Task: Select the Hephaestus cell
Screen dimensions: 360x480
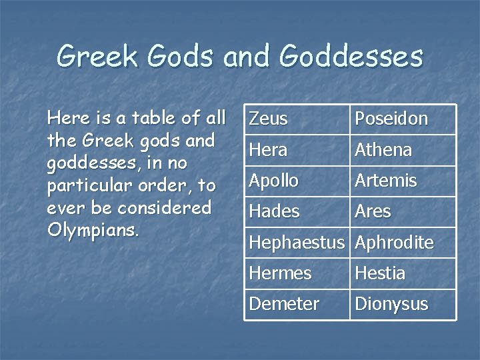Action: (x=296, y=243)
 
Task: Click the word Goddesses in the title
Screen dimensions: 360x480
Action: (x=351, y=57)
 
